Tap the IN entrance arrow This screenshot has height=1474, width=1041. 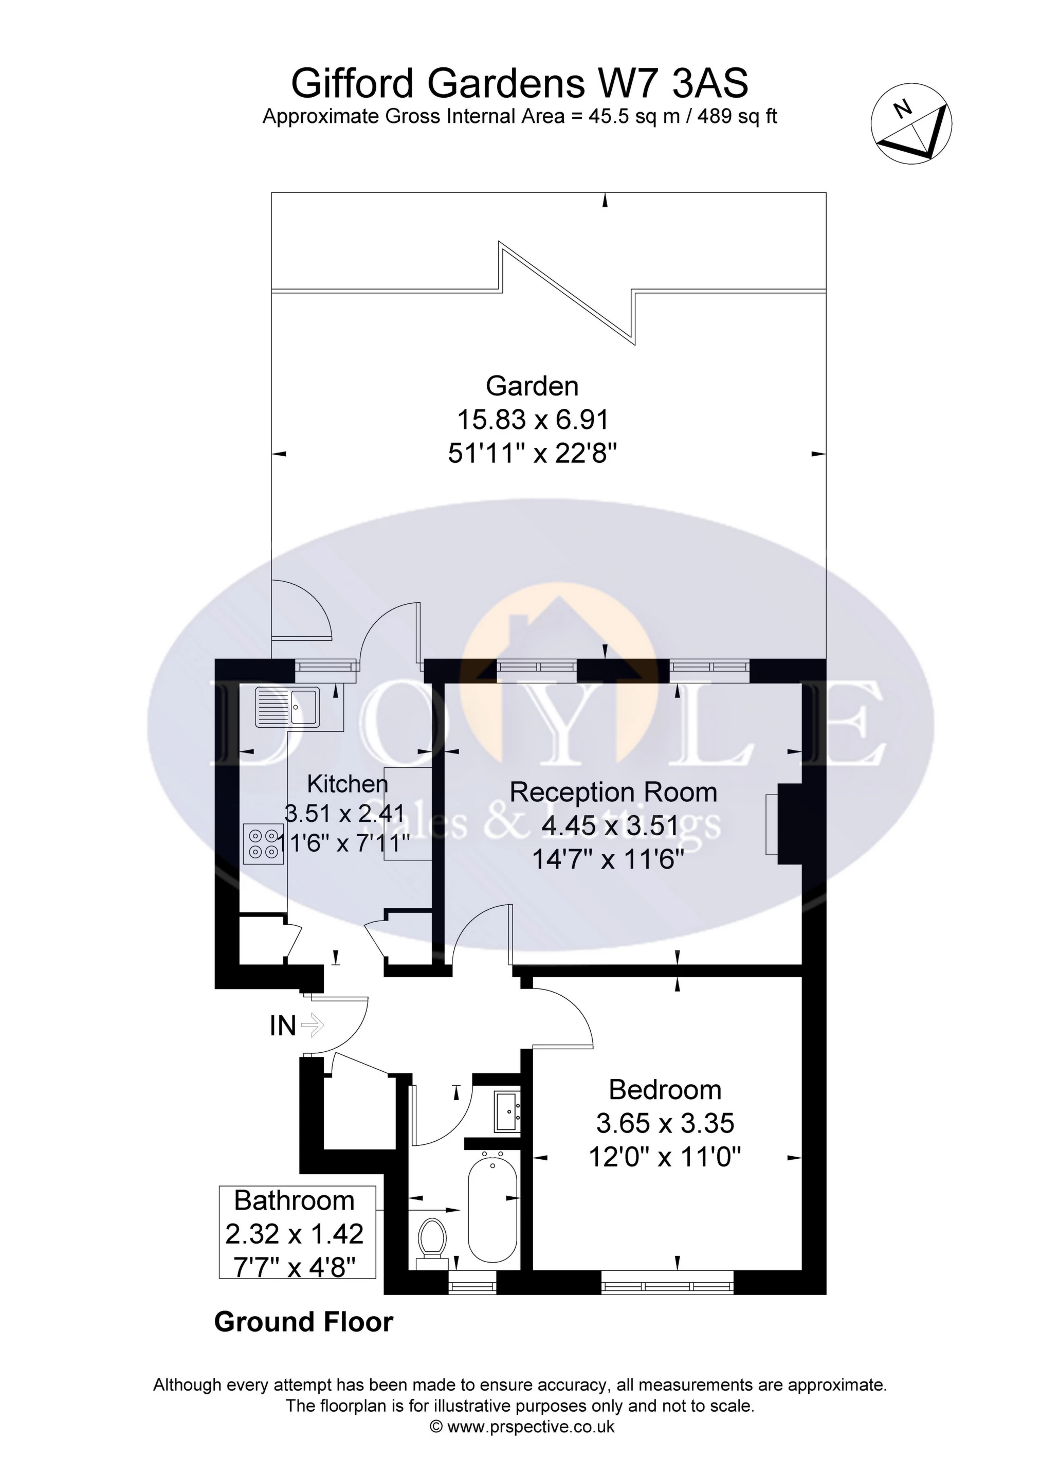[x=313, y=1024]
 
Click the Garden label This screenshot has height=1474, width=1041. [x=532, y=386]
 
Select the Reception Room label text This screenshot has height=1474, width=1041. [x=613, y=792]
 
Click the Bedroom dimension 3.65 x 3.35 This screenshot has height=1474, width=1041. [x=665, y=1123]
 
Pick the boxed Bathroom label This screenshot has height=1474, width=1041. [x=297, y=1233]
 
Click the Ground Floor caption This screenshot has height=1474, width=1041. [x=304, y=1322]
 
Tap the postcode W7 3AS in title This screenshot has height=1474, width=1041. [x=673, y=83]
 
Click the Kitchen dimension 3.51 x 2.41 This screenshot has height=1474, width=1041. [x=344, y=814]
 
